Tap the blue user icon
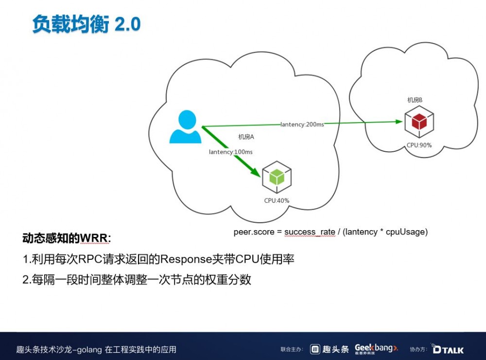point(185,127)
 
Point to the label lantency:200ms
point(302,125)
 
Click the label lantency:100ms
point(231,152)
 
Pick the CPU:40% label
point(277,200)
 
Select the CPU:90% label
point(419,145)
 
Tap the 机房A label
point(246,137)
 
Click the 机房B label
point(415,100)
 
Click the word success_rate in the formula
point(310,232)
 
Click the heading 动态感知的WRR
point(67,238)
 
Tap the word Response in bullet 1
point(185,259)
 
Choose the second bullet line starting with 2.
point(137,280)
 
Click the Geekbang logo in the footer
point(376,348)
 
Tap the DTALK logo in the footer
point(447,349)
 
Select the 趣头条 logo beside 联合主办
point(330,349)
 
